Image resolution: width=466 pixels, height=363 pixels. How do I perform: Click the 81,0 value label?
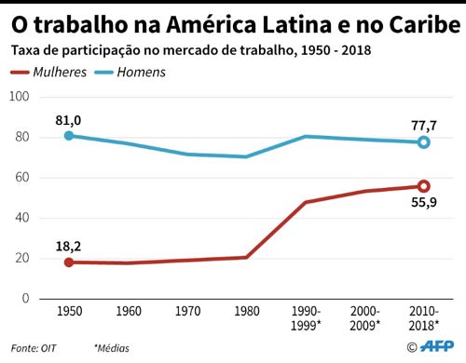tap(68, 119)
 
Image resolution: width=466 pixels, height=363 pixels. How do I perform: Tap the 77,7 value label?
tap(424, 124)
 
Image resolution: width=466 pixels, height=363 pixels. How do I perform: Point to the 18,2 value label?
tap(68, 246)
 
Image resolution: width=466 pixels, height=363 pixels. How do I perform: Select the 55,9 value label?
tap(424, 204)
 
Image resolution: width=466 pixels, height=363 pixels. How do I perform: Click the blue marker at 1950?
tap(68, 136)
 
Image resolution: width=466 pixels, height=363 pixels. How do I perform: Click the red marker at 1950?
tap(68, 262)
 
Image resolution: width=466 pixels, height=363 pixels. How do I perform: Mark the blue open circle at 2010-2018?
tap(424, 142)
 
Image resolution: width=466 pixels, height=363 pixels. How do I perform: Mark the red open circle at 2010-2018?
tap(424, 186)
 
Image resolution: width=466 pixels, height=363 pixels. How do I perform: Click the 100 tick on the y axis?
tap(18, 97)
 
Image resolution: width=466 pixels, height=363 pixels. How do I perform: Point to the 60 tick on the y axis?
tap(21, 177)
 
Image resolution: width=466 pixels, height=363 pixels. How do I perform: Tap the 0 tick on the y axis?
tap(24, 299)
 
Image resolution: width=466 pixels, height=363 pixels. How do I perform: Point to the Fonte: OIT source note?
tap(34, 347)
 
